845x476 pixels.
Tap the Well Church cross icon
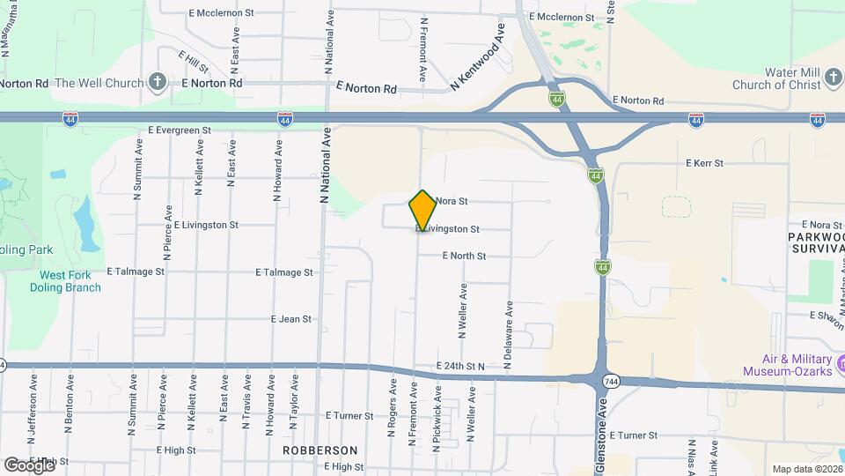158,83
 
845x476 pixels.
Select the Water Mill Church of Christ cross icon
833,84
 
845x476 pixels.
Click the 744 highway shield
610,381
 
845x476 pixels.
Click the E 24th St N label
460,366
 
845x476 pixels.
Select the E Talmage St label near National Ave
283,272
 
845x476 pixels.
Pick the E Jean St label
291,319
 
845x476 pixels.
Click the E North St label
464,256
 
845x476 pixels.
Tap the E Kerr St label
704,163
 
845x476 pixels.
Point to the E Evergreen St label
180,130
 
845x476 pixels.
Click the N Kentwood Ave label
479,57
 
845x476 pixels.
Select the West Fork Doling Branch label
70,281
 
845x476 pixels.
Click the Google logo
29,465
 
